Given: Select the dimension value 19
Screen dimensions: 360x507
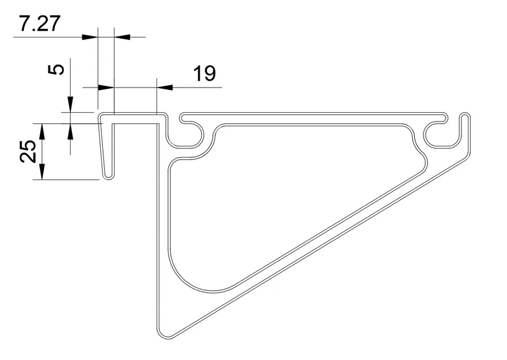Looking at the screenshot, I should [204, 74].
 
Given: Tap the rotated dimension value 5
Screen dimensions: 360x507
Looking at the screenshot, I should [56, 70].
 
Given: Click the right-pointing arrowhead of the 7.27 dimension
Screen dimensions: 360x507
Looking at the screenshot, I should [90, 37].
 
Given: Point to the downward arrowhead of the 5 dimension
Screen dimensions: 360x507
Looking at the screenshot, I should [70, 105].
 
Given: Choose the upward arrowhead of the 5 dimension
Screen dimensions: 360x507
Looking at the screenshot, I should [70, 131].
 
